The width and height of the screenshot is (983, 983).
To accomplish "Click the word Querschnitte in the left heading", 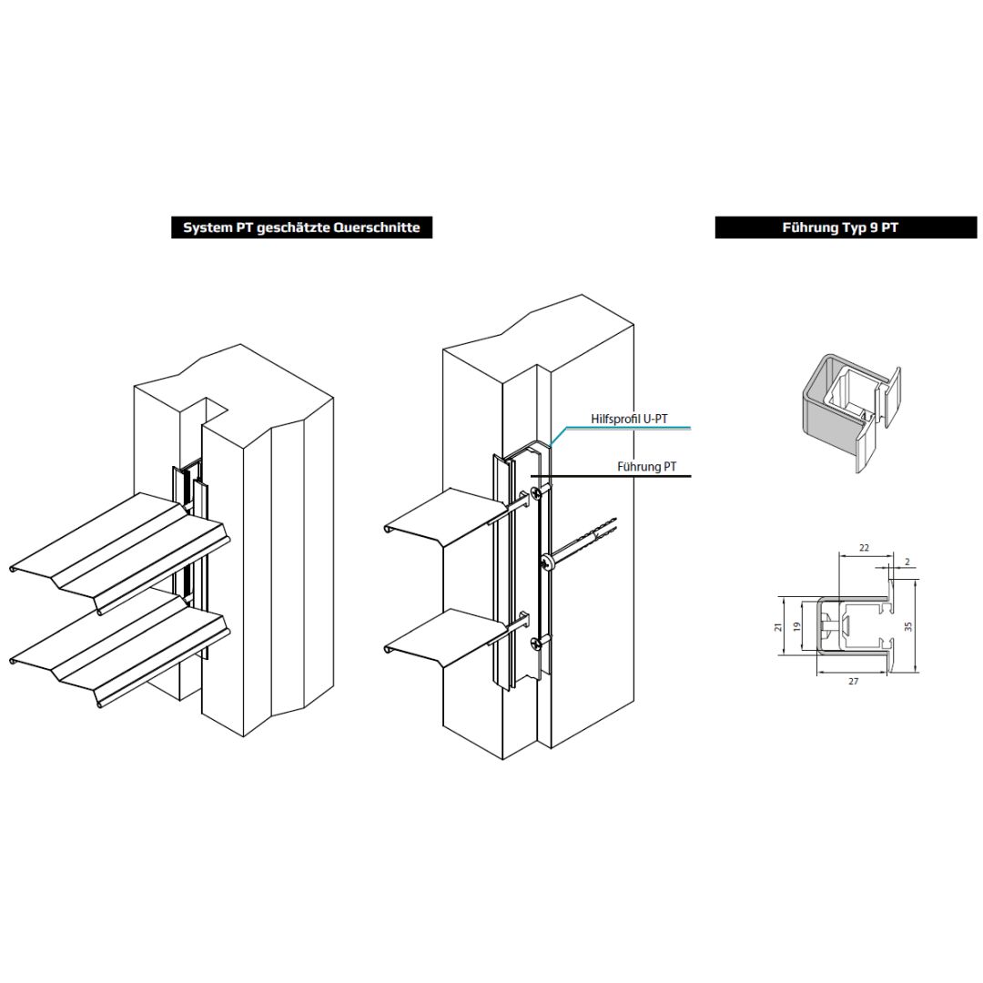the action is pos(376,228).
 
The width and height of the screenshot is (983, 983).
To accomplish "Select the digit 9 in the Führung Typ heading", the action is pos(873,228).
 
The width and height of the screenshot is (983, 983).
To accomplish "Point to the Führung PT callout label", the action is pos(646,466).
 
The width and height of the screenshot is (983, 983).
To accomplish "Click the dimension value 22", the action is pos(864,547).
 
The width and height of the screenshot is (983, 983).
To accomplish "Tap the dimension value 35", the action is pos(908,625).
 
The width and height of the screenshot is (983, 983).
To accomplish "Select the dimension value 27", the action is pos(853,681).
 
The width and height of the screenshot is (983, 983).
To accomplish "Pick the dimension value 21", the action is pos(778,626).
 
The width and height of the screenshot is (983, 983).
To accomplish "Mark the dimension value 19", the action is pos(797,626).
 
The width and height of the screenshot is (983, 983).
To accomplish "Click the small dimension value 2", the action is pos(907,562).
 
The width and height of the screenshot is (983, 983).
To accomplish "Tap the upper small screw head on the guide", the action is pos(537,492).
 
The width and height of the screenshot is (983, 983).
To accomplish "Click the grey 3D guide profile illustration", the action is pos(851,410).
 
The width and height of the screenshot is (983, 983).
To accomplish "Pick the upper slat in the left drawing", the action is pos(120,552).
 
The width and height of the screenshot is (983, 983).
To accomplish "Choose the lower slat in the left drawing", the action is pos(120,652).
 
